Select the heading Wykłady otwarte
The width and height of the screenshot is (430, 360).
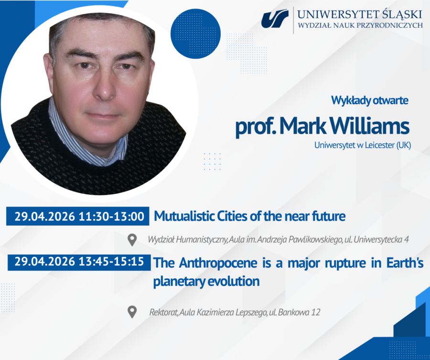click(x=370, y=101)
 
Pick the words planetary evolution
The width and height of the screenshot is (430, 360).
click(x=206, y=281)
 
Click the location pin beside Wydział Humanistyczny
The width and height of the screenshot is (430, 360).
click(x=132, y=239)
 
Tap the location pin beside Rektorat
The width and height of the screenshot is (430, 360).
click(x=132, y=312)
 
